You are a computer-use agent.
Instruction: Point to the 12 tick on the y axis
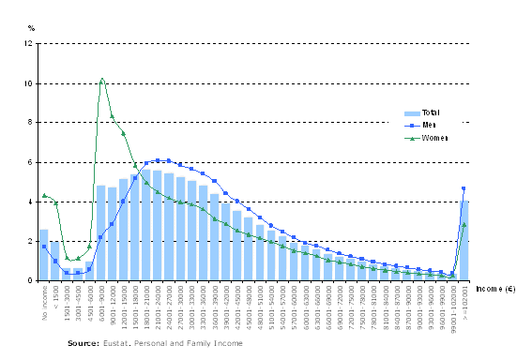pos(28,44)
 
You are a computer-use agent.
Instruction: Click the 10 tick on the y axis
pos(28,83)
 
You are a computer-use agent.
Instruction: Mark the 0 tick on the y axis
pos(30,280)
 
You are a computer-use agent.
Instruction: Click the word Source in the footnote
pos(84,344)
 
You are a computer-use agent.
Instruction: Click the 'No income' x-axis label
pos(44,301)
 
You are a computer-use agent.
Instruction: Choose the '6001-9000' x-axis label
pos(100,301)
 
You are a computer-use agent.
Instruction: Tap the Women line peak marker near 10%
pos(101,80)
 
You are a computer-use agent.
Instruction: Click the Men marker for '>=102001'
pos(464,188)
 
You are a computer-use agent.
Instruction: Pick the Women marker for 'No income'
pos(44,196)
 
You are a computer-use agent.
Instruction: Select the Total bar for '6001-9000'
pos(100,232)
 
